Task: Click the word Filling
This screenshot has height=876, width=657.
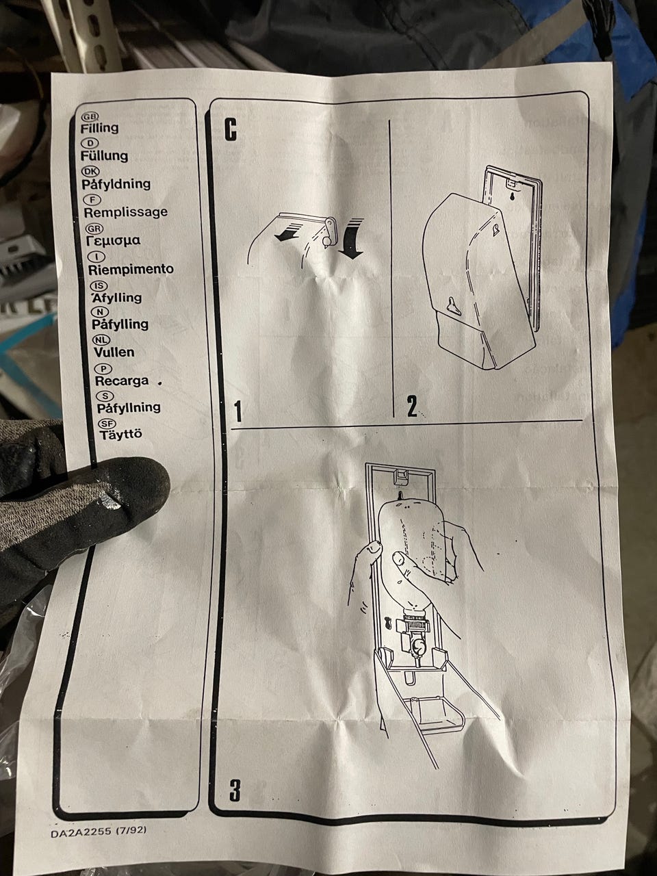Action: point(99,128)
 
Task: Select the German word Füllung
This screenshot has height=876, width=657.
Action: point(104,155)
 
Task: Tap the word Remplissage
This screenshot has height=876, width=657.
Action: point(125,212)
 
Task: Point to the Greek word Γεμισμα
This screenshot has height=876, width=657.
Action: point(113,241)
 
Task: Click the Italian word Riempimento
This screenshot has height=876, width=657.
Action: point(131,270)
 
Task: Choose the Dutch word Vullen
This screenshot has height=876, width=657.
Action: point(114,352)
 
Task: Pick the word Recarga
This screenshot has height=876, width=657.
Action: point(122,381)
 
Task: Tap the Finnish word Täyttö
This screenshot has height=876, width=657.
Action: point(120,434)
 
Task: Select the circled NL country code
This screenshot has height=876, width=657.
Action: point(101,339)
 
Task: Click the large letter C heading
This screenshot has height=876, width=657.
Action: point(231,130)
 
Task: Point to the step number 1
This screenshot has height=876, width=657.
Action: point(239,411)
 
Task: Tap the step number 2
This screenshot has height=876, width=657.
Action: point(412,407)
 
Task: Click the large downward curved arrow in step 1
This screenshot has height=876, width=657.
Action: point(352,239)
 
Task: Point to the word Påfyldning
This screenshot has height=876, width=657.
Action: point(116,184)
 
